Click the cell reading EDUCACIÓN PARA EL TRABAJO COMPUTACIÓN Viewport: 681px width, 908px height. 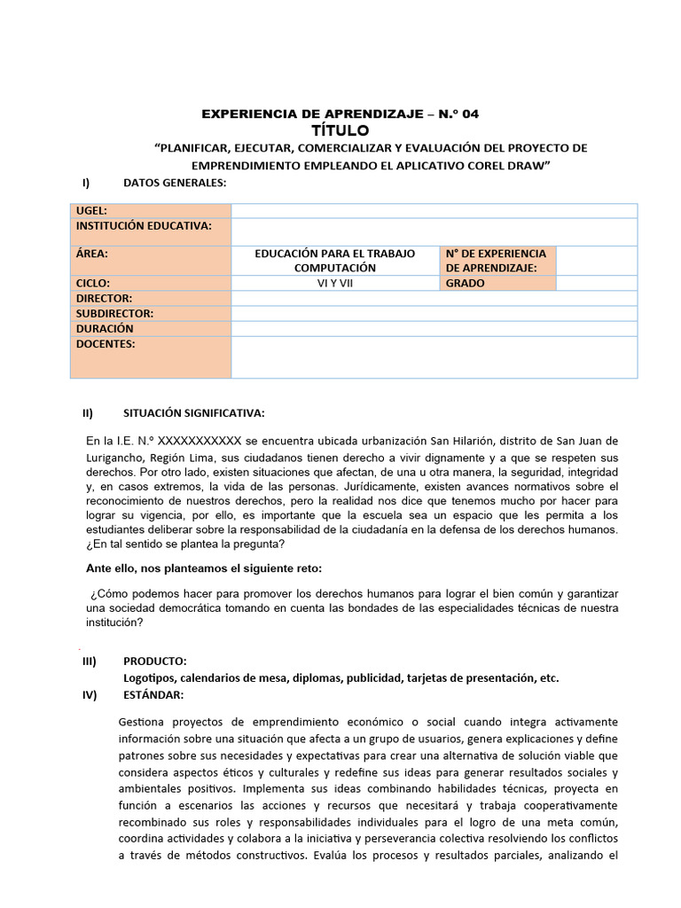[x=335, y=261]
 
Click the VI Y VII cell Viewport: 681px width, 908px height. [x=335, y=284]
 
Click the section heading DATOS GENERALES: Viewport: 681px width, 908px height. [x=175, y=183]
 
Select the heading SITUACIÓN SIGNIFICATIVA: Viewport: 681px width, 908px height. [x=192, y=413]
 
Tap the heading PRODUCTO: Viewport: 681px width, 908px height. [x=154, y=661]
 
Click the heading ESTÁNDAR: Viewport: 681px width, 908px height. [x=153, y=693]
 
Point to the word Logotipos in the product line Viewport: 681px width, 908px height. [x=148, y=677]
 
